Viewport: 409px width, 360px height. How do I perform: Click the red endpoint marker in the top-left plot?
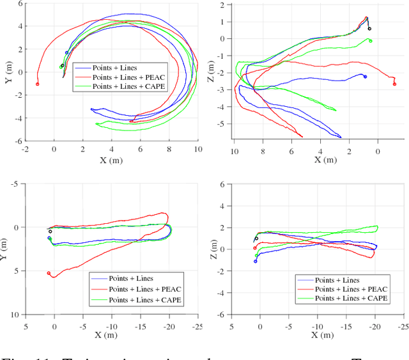tap(37, 84)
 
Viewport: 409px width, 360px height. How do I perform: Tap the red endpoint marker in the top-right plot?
tap(394, 84)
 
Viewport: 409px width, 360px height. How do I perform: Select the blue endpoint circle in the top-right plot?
tap(365, 76)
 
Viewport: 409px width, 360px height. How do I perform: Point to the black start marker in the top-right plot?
tap(369, 29)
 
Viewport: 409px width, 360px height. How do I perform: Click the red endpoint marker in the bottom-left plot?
tap(49, 273)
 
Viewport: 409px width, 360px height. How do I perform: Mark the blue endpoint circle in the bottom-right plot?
tap(255, 262)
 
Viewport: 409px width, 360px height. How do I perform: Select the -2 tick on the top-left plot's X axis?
tap(25, 148)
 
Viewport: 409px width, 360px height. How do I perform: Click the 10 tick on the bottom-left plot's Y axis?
tap(15, 315)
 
